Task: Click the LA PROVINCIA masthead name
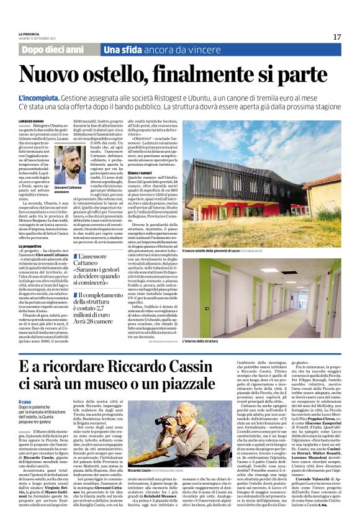pos(30,34)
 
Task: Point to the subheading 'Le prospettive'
pos(30,246)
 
